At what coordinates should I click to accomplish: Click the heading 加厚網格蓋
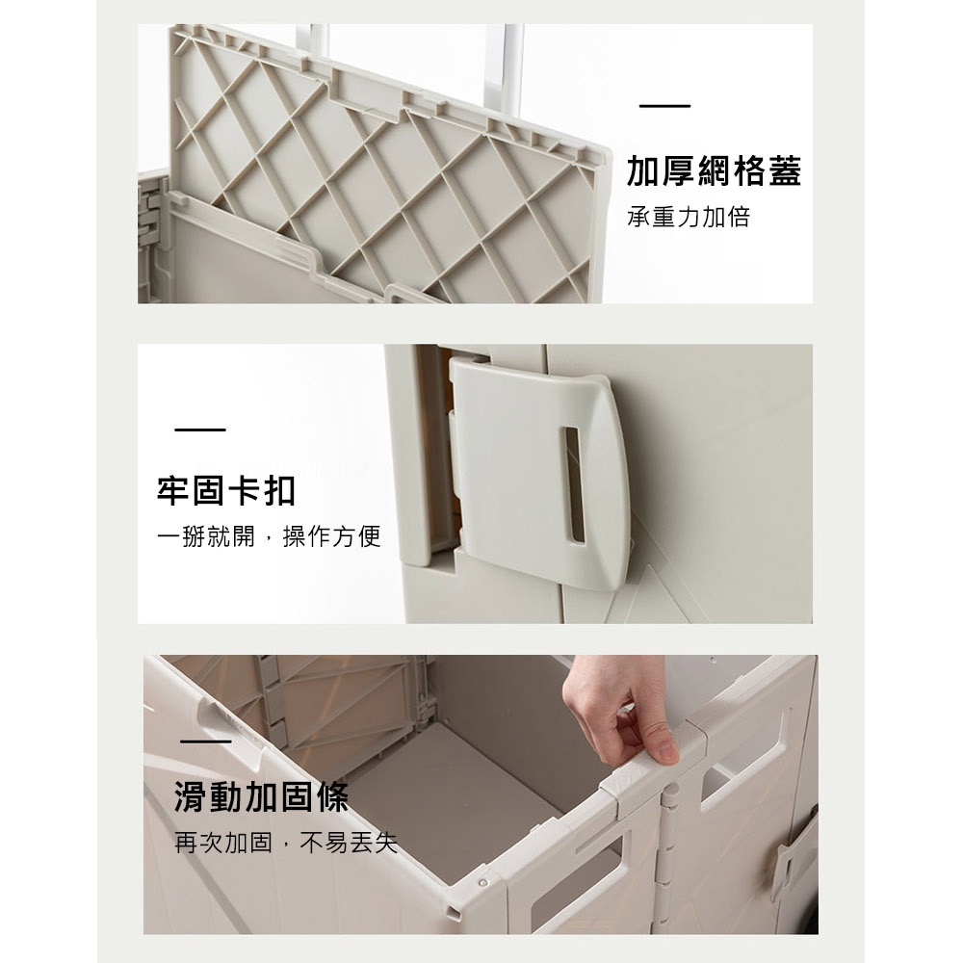pos(714,170)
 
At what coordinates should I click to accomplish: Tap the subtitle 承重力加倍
pos(688,217)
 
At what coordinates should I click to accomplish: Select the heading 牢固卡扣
pos(226,491)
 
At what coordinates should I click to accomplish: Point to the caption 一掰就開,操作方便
pos(270,536)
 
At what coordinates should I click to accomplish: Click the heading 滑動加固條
pos(261,797)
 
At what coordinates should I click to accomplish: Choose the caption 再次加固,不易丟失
pos(286,844)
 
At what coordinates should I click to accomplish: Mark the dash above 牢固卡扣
pos(200,429)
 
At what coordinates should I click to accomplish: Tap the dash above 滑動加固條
pos(205,742)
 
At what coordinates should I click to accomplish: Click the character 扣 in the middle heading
pos(278,491)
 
